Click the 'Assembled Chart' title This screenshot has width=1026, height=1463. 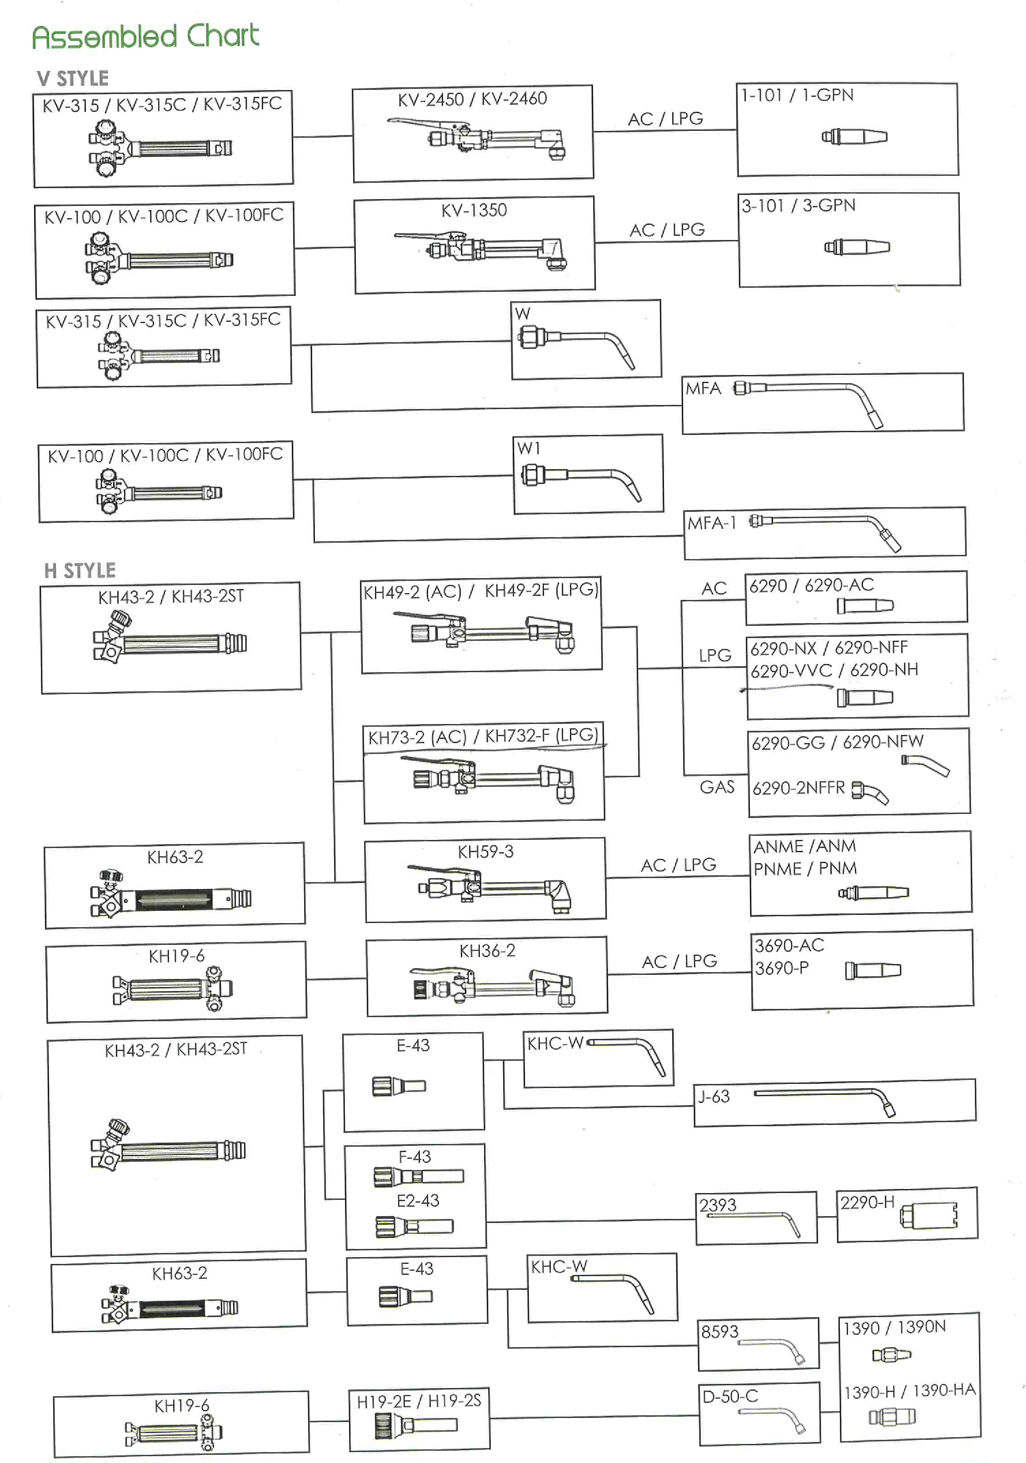point(146,36)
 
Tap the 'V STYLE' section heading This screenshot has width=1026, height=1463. point(73,78)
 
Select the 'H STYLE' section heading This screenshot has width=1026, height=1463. point(80,571)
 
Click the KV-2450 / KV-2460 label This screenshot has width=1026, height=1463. point(472,99)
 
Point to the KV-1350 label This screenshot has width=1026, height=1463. point(474,210)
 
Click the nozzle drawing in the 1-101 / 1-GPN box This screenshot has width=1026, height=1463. point(854,136)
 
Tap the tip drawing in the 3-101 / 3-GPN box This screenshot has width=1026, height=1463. point(857,247)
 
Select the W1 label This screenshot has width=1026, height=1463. point(529,448)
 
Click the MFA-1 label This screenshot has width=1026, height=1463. point(712,523)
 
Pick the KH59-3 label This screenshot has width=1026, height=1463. point(485,851)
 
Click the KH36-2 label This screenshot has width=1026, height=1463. point(487,950)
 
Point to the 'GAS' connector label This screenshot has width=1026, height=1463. point(717,787)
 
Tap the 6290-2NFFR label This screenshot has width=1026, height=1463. point(798,788)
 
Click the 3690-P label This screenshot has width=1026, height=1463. point(781,968)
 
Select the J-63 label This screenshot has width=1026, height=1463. point(713,1096)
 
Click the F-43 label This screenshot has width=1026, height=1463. point(414,1156)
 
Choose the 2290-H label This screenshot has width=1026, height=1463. point(867,1202)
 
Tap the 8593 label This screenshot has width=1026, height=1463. point(719,1331)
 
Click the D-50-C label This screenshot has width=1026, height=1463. point(730,1396)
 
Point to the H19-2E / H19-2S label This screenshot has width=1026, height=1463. point(419,1401)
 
